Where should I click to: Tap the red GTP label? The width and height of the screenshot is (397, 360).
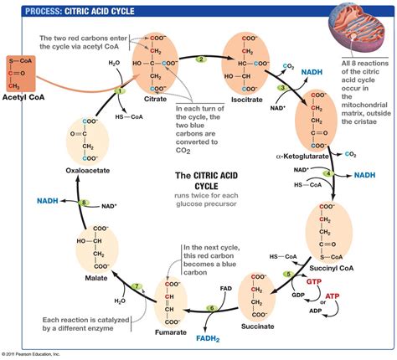316,284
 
